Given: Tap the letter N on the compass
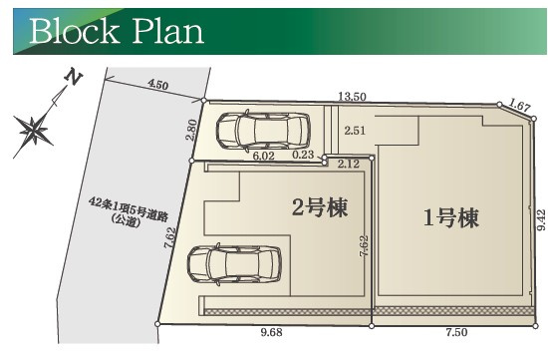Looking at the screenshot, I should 71,78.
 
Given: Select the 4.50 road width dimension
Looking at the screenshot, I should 157,86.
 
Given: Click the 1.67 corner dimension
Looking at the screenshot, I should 518,104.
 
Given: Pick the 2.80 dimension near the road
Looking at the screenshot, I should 193,130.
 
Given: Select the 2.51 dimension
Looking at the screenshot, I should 354,130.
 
